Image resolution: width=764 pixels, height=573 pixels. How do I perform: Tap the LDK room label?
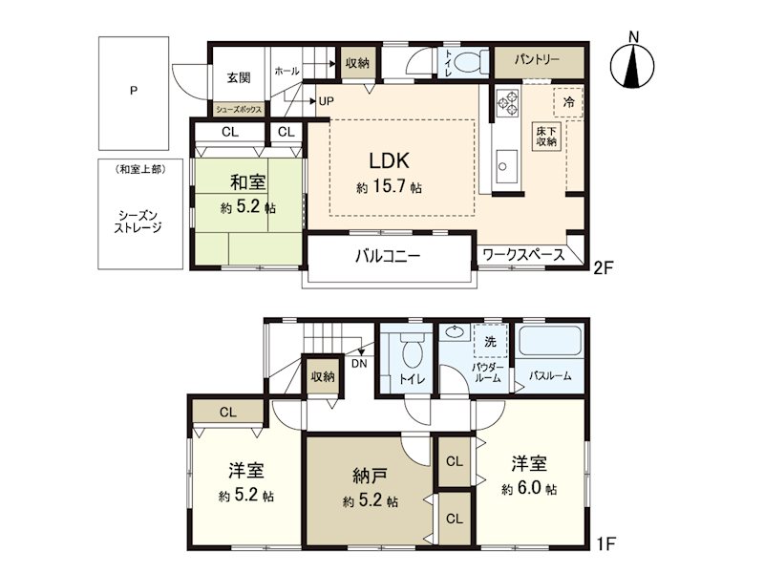click(x=389, y=160)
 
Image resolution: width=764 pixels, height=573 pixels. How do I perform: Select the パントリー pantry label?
click(x=537, y=60)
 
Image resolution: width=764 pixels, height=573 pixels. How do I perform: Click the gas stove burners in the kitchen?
click(x=507, y=102)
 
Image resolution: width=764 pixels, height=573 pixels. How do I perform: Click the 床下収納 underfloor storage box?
click(x=546, y=137)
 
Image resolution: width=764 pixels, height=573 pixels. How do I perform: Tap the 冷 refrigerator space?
click(x=568, y=102)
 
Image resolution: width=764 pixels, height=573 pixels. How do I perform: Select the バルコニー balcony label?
click(x=388, y=256)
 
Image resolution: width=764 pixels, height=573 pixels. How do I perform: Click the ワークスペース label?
click(x=523, y=254)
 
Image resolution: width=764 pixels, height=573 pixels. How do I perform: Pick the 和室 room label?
click(x=248, y=182)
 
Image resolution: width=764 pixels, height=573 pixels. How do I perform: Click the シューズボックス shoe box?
click(x=239, y=109)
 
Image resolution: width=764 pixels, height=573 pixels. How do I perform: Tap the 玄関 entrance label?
click(x=239, y=77)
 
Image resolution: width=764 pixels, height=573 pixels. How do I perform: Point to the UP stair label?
click(x=326, y=101)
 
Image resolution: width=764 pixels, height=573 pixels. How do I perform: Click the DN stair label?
click(x=359, y=364)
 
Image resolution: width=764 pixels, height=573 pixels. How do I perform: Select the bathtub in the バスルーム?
click(x=551, y=341)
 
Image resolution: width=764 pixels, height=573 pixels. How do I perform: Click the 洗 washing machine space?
click(x=490, y=341)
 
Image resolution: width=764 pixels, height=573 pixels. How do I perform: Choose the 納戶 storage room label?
click(x=370, y=476)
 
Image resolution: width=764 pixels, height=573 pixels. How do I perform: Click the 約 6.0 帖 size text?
click(x=529, y=489)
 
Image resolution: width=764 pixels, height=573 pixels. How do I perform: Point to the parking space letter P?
click(x=134, y=91)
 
